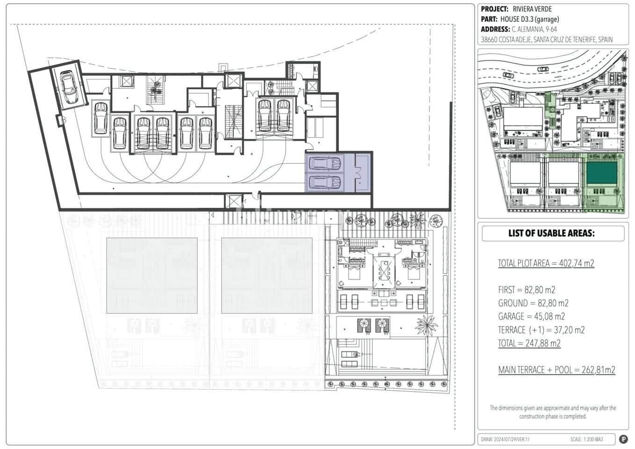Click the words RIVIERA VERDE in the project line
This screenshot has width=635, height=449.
(x=532, y=9)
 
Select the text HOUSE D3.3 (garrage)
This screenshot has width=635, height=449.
(x=529, y=19)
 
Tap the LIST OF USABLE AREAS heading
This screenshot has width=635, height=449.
(x=551, y=233)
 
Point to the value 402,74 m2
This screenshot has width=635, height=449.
(x=577, y=263)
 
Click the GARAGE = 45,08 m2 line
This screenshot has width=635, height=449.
(x=531, y=316)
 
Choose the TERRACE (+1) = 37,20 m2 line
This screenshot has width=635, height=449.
(x=541, y=330)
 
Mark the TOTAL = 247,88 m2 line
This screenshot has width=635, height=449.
(x=529, y=343)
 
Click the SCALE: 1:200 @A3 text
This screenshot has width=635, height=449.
(x=586, y=439)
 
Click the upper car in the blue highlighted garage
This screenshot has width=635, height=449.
(x=325, y=163)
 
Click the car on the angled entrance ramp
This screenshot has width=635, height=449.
(x=69, y=87)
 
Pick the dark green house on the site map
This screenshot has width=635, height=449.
(x=601, y=173)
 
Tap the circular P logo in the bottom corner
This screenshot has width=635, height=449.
(x=623, y=439)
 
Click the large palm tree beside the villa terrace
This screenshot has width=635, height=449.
(x=426, y=326)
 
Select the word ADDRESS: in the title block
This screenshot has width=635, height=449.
(x=495, y=29)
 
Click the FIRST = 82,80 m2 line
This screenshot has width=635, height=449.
(x=527, y=290)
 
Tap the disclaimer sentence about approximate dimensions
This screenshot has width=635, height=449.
(x=553, y=412)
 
